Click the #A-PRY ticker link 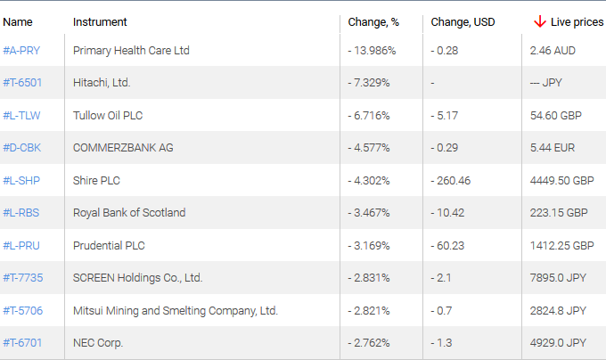22,51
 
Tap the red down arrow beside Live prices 539,21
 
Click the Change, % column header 373,21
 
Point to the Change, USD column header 463,21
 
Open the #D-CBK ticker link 22,148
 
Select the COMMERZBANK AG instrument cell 123,148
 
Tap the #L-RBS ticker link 21,213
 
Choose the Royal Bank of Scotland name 129,213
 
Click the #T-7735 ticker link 23,278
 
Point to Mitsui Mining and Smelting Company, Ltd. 176,310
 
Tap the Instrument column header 100,21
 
